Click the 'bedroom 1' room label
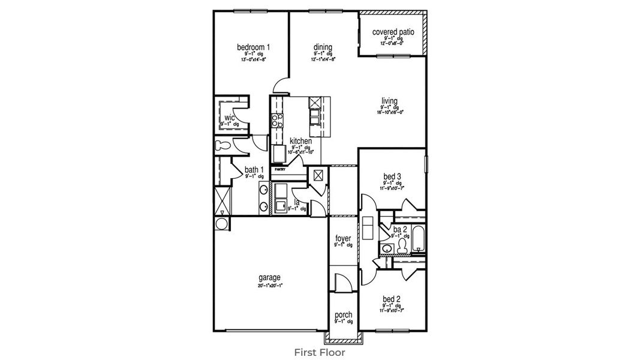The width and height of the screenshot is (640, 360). [253, 47]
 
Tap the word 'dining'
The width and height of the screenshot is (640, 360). [323, 47]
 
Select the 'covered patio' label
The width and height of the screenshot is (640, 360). [393, 32]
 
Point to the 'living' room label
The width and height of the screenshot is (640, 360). [389, 100]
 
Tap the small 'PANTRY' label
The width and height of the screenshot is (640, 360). [280, 170]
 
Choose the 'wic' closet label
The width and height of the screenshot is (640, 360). [229, 117]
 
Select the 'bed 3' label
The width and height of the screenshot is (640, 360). [392, 176]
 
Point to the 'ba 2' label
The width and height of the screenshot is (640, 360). [400, 229]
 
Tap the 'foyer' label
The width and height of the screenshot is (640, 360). [342, 238]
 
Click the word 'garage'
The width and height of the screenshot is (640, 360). [269, 277]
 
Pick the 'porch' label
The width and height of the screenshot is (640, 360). [343, 315]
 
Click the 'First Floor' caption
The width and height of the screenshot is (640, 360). [320, 352]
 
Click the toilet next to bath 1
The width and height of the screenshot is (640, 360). [224, 145]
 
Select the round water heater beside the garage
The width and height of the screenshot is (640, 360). [221, 224]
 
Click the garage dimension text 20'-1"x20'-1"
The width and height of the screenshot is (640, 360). [269, 286]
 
